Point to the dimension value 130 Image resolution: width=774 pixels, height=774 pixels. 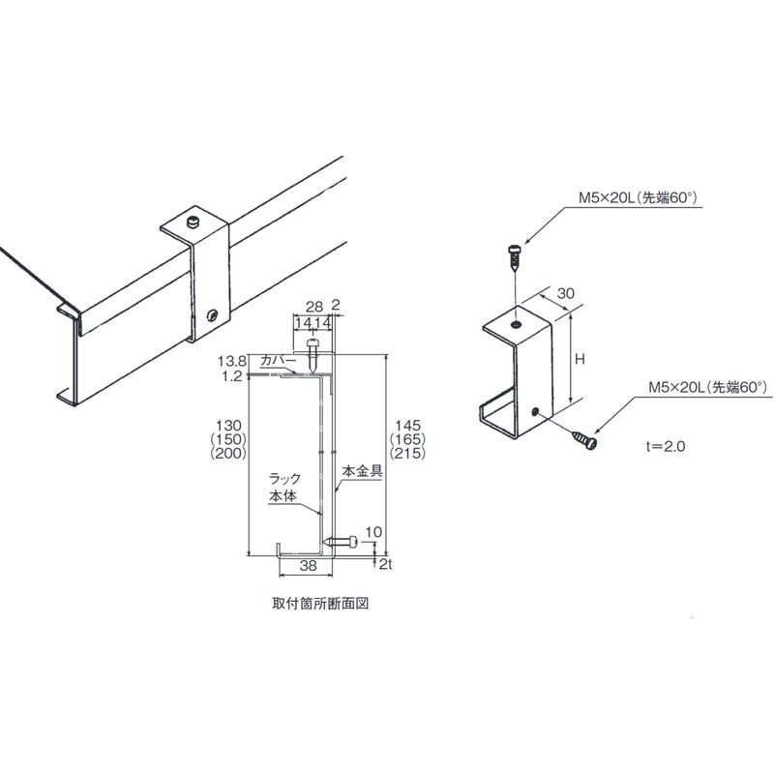pos(229,426)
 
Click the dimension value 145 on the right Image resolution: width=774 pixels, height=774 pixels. pos(402,426)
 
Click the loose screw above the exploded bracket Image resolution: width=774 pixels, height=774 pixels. pos(515,257)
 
